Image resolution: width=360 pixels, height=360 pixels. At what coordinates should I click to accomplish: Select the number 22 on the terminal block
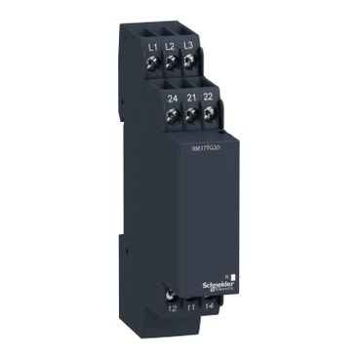point(208,97)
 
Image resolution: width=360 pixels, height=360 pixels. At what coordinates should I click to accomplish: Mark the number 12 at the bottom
point(172,308)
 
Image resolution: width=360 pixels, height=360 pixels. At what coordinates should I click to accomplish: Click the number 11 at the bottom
point(190,309)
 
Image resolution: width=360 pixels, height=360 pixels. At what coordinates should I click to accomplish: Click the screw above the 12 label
point(173,293)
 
